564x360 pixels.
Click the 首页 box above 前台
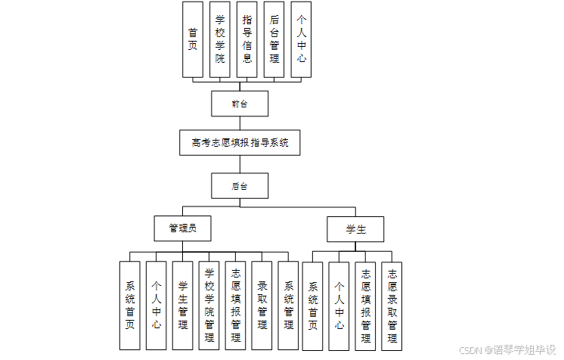pos(193,39)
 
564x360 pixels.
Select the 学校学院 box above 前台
pos(220,39)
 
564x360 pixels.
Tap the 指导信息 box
pos(247,39)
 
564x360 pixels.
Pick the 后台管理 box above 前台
pos(274,39)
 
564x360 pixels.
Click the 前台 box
pos(240,104)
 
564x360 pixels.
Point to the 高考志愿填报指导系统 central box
pos(240,142)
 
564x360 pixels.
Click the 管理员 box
pos(182,228)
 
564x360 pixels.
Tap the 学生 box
pos(355,228)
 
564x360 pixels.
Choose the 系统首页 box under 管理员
pos(130,306)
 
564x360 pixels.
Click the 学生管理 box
pos(183,306)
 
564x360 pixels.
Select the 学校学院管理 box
pos(209,306)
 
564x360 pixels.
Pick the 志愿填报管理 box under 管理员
pos(236,306)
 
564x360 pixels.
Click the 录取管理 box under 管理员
pos(262,306)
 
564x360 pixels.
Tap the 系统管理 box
pos(289,306)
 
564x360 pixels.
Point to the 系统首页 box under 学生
pos(312,306)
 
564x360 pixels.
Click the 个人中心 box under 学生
pos(339,306)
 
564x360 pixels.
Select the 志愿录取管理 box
pos(392,306)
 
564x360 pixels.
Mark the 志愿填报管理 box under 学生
pos(365,306)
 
